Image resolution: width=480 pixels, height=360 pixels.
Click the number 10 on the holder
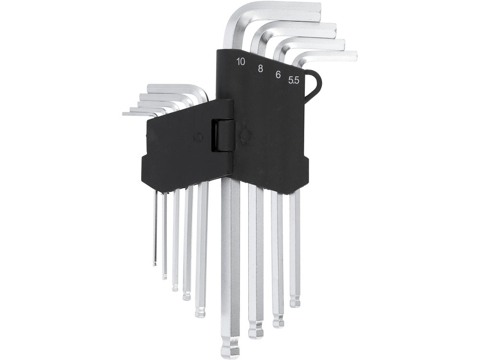point(240,61)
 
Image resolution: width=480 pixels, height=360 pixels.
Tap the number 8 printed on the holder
point(260,68)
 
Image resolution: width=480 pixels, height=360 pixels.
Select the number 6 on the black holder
point(278,74)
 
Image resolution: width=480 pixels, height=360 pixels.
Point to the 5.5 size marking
point(294,81)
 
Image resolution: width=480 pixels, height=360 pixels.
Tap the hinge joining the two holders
point(224,136)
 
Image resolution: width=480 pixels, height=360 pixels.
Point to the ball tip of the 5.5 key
point(295,302)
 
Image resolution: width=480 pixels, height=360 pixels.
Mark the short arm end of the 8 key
point(334,30)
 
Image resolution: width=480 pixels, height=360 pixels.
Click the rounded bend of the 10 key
point(233,17)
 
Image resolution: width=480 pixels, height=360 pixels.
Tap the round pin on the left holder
point(197,138)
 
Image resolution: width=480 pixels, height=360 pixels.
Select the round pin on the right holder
point(245,136)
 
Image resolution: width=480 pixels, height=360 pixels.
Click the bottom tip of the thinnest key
point(155,263)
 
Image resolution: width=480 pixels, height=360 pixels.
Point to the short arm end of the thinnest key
point(125,114)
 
